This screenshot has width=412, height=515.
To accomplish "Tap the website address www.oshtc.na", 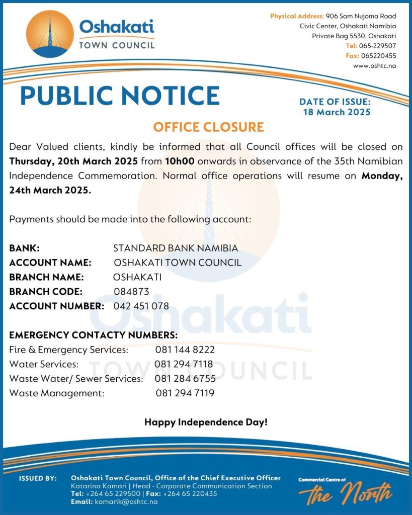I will [x=374, y=65].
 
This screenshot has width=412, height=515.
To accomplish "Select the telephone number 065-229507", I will [x=377, y=46].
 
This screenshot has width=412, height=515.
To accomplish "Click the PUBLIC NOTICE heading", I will [x=120, y=96].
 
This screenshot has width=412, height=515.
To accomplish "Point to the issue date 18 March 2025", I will [x=337, y=112].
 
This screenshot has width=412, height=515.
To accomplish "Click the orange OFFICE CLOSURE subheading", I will [x=208, y=127].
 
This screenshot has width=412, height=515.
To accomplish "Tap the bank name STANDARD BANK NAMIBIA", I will [x=176, y=248].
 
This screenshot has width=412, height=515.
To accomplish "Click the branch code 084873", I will [x=131, y=291].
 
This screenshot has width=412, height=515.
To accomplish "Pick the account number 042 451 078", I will [x=141, y=306].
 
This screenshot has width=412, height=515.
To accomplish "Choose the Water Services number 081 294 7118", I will [x=184, y=364].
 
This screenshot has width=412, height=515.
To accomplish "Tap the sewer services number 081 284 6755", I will [x=185, y=379].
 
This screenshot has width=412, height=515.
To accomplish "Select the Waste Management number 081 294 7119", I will [x=185, y=393].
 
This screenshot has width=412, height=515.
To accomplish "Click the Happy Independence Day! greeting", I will [x=206, y=422].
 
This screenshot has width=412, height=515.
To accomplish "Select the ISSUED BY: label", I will [x=38, y=478].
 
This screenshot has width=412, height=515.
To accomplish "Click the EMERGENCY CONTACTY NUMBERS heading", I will [x=93, y=335].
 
